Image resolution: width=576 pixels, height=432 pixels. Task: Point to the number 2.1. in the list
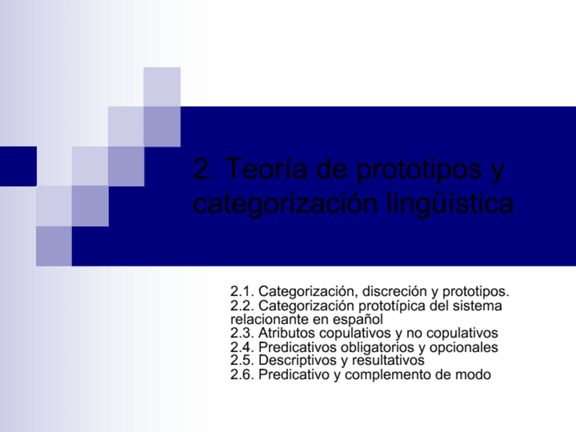coord(242,292)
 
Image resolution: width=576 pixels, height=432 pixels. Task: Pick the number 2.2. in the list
coord(242,306)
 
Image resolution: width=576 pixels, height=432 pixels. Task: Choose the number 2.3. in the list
coord(242,333)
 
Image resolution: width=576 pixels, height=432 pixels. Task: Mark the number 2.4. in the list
coord(242,347)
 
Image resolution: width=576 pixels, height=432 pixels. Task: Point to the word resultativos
coord(388,360)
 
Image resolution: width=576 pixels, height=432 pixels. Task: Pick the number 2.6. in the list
coord(242,374)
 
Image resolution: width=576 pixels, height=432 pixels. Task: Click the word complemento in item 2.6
coord(393,374)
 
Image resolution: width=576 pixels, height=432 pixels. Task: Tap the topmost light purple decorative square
coord(162,86)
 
